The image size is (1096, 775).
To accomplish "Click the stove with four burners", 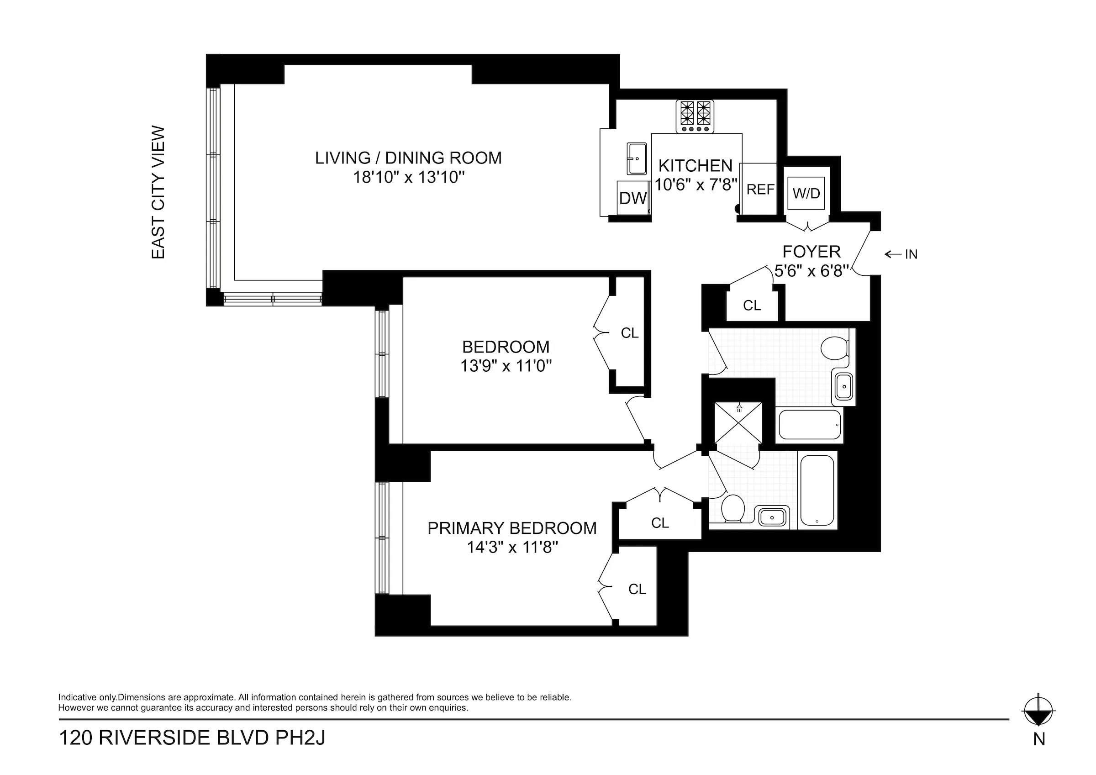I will point(695,116).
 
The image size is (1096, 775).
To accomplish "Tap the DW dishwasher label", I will point(633,198).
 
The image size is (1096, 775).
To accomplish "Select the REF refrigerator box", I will point(760,189).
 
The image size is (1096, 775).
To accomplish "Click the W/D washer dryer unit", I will point(806,193).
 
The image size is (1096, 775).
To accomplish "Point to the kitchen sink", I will point(637,158).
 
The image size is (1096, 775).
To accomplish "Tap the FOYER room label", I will point(811,252).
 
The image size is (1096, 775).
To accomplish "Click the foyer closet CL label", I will point(752,306).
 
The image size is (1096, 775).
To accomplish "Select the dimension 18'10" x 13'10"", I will point(409,178).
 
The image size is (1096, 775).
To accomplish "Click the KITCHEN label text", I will point(696,166).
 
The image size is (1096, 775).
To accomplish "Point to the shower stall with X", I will point(738,423).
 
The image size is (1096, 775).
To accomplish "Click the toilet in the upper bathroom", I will point(834,348).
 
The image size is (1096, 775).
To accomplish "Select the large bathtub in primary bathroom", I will point(817,490).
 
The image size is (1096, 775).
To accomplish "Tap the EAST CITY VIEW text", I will point(158,192).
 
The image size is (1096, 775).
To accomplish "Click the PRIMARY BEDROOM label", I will point(512,528).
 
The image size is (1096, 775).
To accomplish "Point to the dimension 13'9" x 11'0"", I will point(506,366).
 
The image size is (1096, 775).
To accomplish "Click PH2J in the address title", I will point(300,738).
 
